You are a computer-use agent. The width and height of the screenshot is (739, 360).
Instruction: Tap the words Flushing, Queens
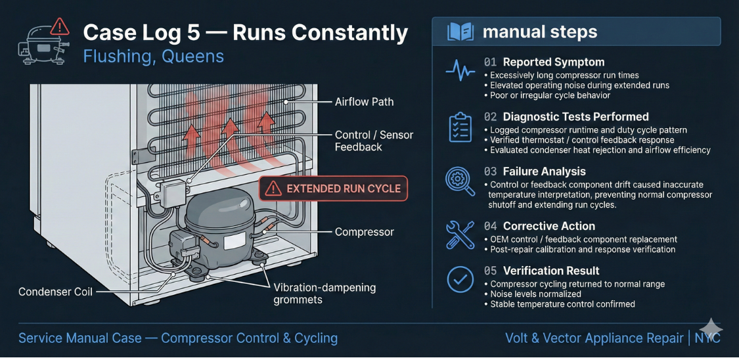point(153,56)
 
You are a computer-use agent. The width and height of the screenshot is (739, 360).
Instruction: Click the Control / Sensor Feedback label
point(374,141)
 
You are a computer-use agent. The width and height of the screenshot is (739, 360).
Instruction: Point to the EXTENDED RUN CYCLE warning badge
point(334,189)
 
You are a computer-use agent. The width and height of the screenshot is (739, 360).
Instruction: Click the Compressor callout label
point(364,232)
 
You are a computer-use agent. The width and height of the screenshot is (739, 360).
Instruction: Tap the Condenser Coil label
point(55,292)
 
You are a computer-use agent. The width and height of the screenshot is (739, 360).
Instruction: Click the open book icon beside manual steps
point(459,32)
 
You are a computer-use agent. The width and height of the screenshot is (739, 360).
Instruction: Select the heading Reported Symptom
point(553,62)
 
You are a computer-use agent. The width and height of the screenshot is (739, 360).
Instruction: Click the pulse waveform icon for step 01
point(460,70)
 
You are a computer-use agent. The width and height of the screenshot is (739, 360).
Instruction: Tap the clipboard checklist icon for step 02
point(460,127)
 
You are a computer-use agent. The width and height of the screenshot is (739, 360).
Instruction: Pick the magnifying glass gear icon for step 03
point(460,181)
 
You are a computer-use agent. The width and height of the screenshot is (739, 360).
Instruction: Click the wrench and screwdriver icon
point(460,235)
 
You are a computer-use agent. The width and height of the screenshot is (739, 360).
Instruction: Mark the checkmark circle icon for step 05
point(460,280)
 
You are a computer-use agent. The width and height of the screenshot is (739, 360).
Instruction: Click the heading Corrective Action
point(549,226)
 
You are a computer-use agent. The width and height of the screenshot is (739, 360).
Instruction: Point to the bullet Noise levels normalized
point(535,294)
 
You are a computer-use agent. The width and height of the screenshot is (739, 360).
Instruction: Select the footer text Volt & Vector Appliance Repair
point(594,338)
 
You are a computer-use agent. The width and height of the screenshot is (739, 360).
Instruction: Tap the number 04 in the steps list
point(490,226)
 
